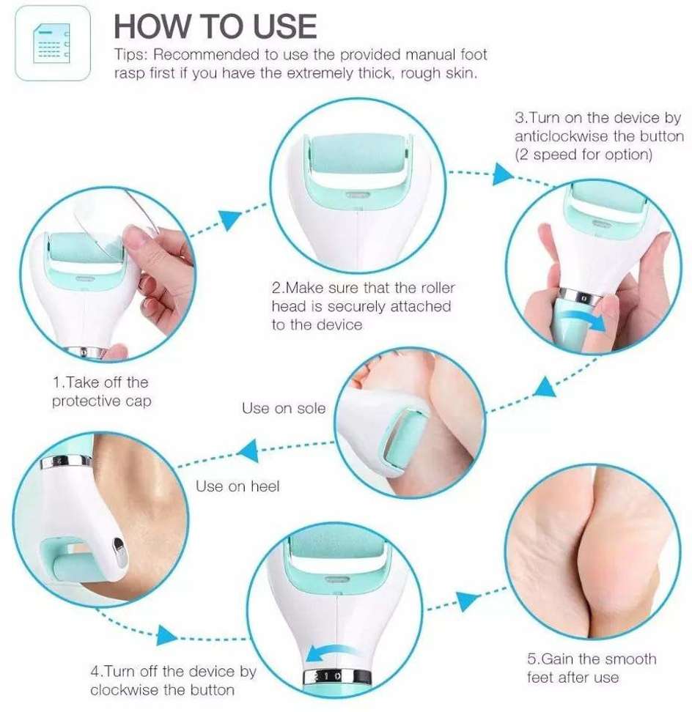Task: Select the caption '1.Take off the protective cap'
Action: (101, 391)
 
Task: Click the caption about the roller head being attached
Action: (363, 306)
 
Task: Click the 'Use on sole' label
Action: (284, 408)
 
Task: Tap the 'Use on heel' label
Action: (238, 486)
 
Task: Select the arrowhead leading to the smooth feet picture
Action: (468, 601)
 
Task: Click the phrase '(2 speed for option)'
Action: (584, 155)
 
